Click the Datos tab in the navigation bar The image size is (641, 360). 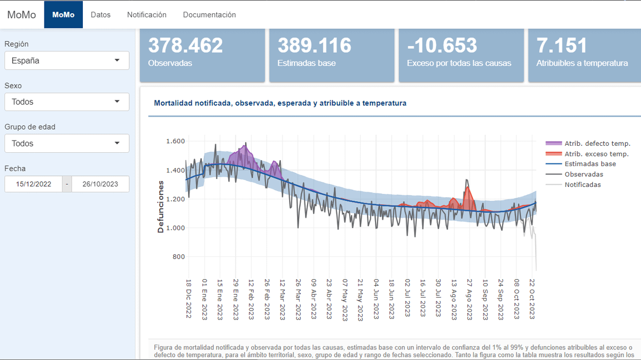tap(100, 15)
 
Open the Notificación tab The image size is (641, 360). tap(147, 15)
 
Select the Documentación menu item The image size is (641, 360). tap(209, 15)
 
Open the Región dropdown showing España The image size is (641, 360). tap(67, 60)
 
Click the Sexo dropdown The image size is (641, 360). tap(67, 101)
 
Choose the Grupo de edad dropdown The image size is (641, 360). tap(67, 143)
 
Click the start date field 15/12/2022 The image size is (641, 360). tap(34, 184)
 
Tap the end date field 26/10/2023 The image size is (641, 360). tap(100, 184)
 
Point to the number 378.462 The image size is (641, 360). tap(185, 45)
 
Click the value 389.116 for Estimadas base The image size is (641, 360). tap(315, 45)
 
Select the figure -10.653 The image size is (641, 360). tap(442, 45)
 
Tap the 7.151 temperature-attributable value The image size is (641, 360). tap(561, 45)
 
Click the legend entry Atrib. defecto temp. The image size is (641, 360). tap(597, 144)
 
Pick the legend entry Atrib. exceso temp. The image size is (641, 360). tap(596, 154)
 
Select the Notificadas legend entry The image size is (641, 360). tap(582, 185)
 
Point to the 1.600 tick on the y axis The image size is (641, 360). tap(175, 142)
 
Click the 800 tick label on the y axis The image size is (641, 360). tap(177, 257)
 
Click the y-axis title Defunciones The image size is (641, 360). tap(161, 206)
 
